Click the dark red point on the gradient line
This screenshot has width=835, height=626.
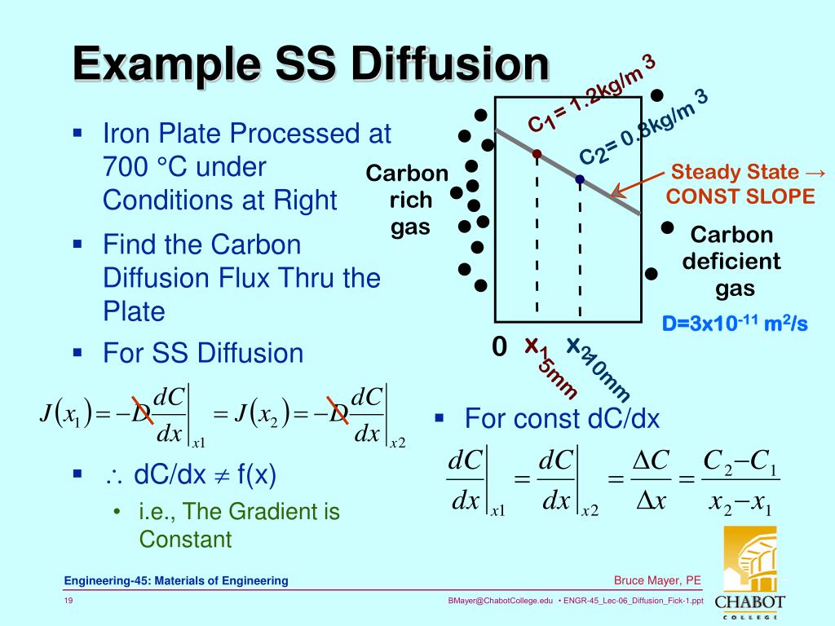click(x=537, y=153)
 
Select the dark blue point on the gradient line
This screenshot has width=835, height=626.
click(x=579, y=179)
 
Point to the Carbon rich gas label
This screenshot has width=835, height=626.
click(x=407, y=201)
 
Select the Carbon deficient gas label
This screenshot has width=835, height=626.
click(x=731, y=262)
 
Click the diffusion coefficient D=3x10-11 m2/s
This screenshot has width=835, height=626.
click(x=734, y=324)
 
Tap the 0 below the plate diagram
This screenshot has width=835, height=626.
click(x=499, y=347)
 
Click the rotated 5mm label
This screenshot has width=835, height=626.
click(x=558, y=377)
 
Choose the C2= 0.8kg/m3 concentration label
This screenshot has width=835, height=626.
click(x=643, y=128)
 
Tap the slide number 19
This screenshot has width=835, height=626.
click(x=69, y=601)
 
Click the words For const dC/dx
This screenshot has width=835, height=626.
click(x=562, y=419)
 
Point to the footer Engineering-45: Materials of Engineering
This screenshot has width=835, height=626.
click(x=177, y=580)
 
